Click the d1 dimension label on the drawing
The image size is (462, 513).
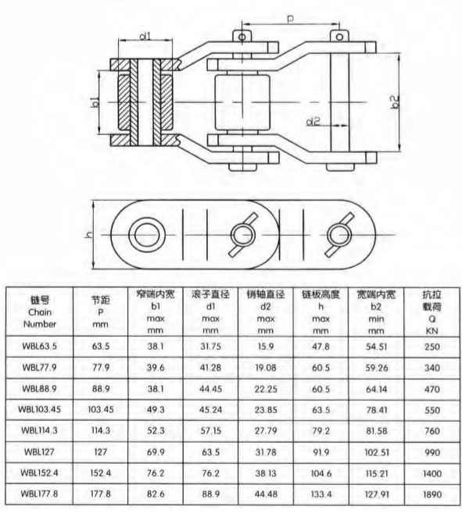click(145, 35)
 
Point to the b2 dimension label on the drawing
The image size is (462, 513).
click(396, 102)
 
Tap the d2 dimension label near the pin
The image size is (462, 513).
click(313, 121)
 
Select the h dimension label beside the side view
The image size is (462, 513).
click(89, 234)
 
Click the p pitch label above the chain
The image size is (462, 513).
click(290, 19)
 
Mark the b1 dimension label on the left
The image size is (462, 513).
click(95, 102)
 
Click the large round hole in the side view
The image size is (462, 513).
click(147, 235)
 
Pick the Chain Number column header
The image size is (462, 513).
click(40, 312)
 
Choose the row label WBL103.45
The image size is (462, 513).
click(40, 409)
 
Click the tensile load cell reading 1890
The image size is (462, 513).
click(432, 494)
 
